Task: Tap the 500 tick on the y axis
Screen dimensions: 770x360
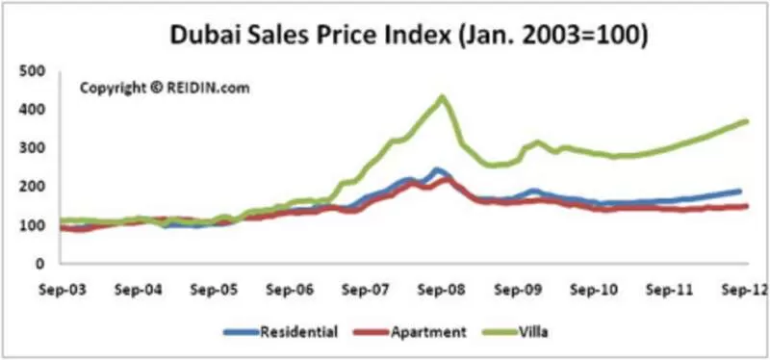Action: click(x=32, y=71)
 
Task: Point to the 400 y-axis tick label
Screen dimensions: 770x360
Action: click(x=32, y=110)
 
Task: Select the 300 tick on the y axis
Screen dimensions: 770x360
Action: click(x=32, y=148)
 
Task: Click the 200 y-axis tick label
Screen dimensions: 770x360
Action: click(x=32, y=187)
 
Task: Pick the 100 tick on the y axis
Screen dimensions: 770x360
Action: click(x=32, y=225)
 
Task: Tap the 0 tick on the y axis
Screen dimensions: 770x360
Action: click(x=40, y=264)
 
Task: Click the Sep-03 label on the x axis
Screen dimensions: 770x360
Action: click(x=63, y=290)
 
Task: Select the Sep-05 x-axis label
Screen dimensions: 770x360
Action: click(x=214, y=290)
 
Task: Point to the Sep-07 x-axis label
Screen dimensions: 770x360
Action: click(x=366, y=290)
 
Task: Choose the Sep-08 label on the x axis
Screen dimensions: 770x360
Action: click(x=442, y=290)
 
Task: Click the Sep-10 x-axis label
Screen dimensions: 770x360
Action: click(x=594, y=290)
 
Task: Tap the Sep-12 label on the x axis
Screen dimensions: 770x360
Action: click(x=744, y=290)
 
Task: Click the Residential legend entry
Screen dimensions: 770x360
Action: click(x=281, y=332)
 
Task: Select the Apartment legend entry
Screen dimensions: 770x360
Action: click(x=409, y=332)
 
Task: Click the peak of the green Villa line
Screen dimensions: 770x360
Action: click(x=442, y=97)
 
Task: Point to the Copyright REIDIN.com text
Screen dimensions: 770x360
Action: click(x=165, y=89)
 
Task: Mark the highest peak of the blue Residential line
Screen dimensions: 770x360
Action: click(x=437, y=170)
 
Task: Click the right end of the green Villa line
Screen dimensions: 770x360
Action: click(x=746, y=121)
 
